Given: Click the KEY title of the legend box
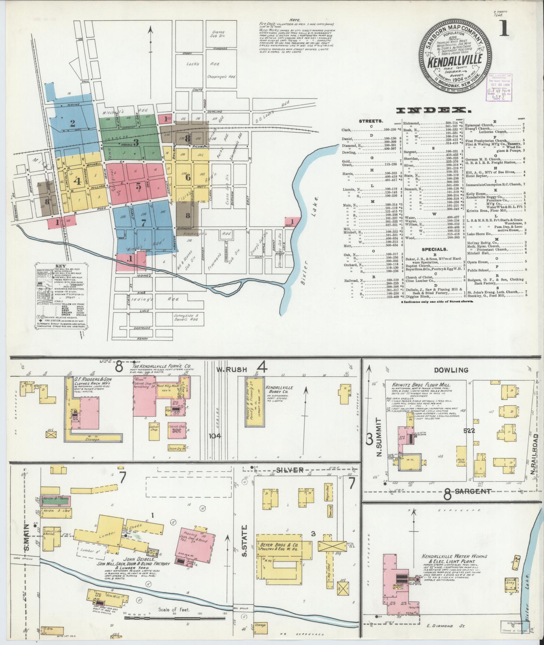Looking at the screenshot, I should coord(60,265).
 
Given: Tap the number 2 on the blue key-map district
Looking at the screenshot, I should coord(72,123).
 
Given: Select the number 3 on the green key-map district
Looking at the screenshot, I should coord(136,142).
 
